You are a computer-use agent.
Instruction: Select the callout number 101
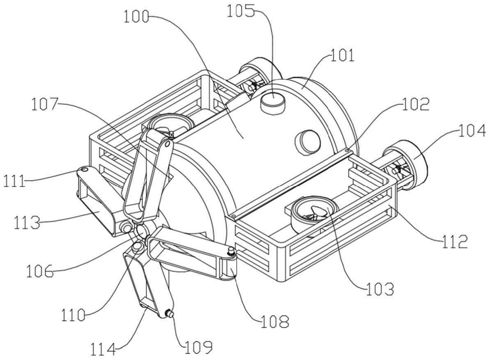(x=343, y=55)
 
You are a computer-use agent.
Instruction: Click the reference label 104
(x=472, y=130)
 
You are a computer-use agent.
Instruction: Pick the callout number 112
(x=455, y=241)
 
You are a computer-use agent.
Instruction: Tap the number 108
(x=275, y=321)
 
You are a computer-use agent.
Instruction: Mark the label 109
(x=199, y=346)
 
